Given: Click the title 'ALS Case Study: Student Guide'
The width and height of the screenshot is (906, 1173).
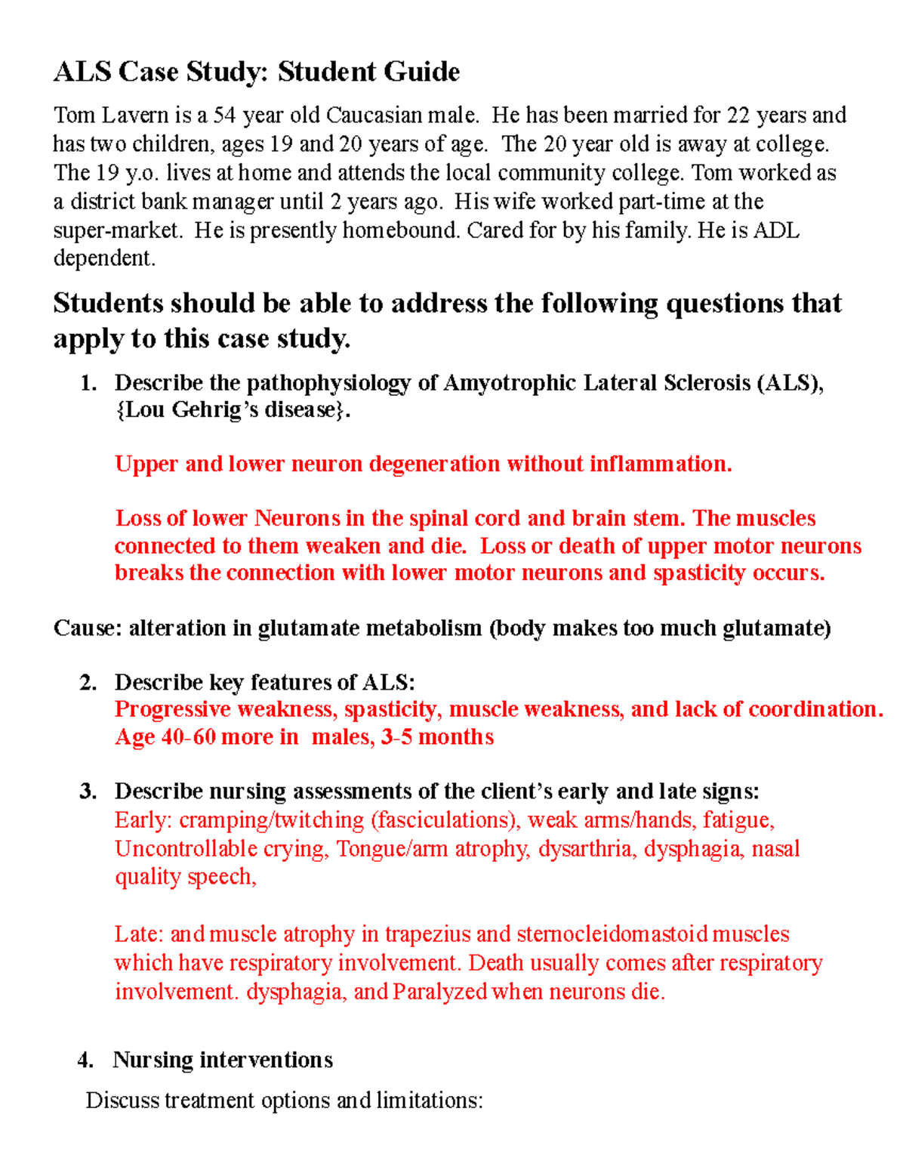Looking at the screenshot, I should (x=256, y=72).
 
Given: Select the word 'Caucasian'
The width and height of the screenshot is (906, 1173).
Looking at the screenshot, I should (x=374, y=115).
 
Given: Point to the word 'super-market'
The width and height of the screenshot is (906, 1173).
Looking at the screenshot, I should (x=117, y=230).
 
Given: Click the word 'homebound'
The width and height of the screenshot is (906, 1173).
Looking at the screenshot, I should (x=400, y=230).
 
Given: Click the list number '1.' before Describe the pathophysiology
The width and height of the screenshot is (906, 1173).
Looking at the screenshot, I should (x=88, y=383).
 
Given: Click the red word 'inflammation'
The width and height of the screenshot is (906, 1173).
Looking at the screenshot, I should (x=660, y=464).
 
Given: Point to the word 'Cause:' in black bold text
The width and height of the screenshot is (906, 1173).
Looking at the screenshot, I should (x=87, y=628).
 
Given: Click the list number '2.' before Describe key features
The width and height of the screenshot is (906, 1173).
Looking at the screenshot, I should (x=88, y=682).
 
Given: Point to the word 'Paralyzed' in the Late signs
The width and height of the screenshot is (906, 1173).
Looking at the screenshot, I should (x=440, y=991).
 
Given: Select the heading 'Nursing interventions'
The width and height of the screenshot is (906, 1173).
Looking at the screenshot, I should (x=223, y=1060).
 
